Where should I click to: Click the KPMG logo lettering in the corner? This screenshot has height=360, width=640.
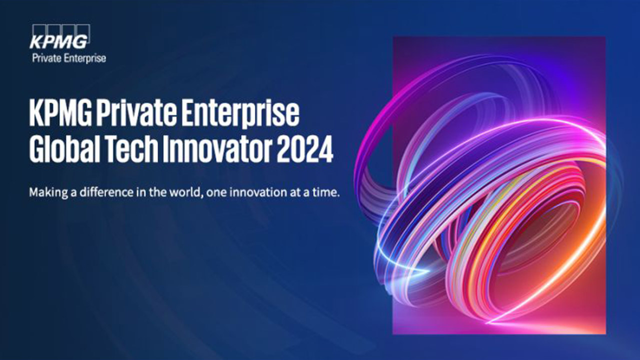click(x=58, y=41)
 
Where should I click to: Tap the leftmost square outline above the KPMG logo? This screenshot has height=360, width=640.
click(x=38, y=29)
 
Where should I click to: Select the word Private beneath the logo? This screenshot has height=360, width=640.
click(x=47, y=58)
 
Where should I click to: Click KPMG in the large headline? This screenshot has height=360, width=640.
click(x=60, y=113)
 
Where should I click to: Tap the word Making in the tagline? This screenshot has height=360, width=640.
click(x=48, y=192)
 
